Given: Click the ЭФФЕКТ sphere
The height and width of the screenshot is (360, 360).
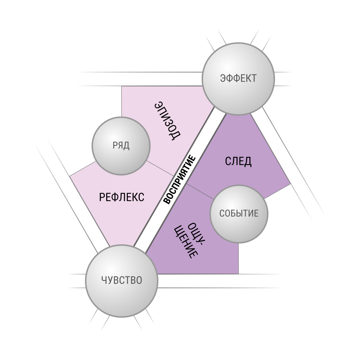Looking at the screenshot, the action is point(238,79).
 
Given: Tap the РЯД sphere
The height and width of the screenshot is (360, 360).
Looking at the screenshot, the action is point(121,146).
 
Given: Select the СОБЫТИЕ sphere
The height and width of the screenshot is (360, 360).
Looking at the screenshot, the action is point(239,214).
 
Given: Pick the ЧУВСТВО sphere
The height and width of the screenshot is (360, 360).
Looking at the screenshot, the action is point(122,280).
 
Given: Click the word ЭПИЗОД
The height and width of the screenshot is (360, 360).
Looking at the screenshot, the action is point(168,121).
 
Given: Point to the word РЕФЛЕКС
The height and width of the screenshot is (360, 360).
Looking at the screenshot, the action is point(122,197).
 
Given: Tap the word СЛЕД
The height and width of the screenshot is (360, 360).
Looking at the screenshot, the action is point(238,161).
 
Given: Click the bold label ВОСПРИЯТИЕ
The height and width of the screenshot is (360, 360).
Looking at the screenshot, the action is point(180,180).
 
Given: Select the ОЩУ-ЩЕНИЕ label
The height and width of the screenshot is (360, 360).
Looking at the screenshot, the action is point(190,240).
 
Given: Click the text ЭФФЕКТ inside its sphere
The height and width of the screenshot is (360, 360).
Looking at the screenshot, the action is point(238,78).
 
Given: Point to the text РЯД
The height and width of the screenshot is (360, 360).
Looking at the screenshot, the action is point(121,145).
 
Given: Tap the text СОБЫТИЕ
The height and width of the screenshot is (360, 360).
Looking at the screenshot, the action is point(239,213).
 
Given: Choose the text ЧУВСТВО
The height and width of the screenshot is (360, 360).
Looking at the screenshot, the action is point(122,280).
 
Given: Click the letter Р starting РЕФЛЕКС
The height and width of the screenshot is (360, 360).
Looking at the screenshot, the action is point(102,197).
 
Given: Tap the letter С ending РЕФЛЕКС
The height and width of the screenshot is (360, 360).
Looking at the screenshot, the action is point(141,197).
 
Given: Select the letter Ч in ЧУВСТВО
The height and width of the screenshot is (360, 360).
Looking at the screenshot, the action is point(104,280).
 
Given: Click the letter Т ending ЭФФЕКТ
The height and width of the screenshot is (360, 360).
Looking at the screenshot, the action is point(253,78).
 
